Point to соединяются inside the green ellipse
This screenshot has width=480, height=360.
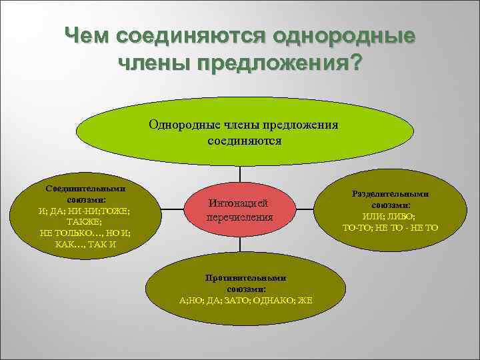click(244, 141)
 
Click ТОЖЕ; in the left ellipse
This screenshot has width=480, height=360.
click(114, 211)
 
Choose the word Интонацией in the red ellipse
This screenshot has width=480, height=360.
click(239, 204)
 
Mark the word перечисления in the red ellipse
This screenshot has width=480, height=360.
click(239, 217)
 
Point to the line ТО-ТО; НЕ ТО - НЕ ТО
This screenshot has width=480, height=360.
click(389, 228)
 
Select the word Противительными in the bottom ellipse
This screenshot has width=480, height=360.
click(246, 278)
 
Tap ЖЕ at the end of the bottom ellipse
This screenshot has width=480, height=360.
click(306, 300)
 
